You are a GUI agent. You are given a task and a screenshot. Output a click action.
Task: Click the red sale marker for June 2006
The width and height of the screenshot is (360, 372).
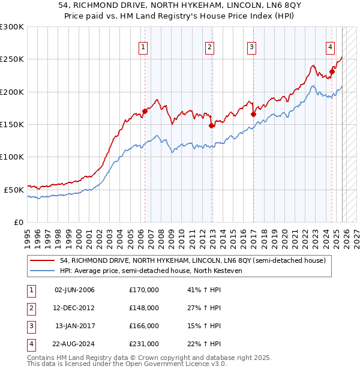145,111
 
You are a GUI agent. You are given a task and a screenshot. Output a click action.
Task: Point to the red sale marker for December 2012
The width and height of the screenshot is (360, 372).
211,125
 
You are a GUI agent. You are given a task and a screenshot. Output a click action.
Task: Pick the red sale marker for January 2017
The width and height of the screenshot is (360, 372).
253,114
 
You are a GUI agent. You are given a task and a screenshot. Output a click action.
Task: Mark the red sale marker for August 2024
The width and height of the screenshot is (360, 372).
332,71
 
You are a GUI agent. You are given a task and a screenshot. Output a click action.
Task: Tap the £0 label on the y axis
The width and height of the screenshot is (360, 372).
19,222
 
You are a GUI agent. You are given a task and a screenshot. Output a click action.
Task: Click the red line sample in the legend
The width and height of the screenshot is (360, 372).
43,261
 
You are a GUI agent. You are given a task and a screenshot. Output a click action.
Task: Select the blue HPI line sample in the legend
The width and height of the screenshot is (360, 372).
43,271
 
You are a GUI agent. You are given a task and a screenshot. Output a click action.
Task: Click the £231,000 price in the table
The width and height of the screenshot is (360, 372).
144,344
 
